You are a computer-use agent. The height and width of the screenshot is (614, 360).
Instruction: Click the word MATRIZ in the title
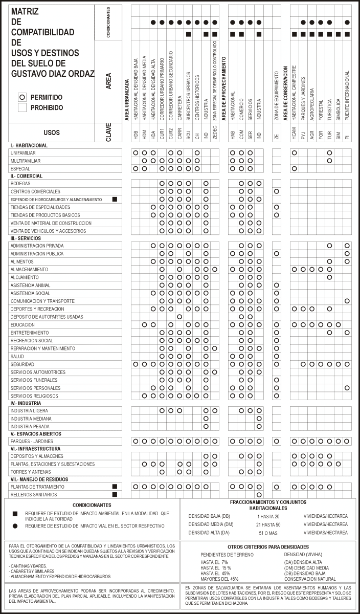(x=25, y=11)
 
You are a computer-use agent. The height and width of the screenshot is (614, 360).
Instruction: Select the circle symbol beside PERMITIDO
(x=21, y=97)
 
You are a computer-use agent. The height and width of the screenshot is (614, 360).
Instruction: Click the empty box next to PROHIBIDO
(x=21, y=107)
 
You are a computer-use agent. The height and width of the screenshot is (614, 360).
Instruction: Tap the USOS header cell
(x=52, y=132)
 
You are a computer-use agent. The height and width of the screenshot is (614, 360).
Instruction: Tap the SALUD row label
(x=17, y=356)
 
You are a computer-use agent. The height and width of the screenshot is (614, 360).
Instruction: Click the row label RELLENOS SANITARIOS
(x=34, y=495)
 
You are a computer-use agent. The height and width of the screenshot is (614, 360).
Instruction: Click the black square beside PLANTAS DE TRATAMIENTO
(x=115, y=487)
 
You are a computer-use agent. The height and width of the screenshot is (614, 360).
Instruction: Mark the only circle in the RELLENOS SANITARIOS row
(x=259, y=495)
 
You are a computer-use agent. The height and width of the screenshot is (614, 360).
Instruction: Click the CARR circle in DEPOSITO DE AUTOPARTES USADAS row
(x=179, y=317)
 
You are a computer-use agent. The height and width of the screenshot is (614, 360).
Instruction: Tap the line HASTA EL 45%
(x=216, y=574)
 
